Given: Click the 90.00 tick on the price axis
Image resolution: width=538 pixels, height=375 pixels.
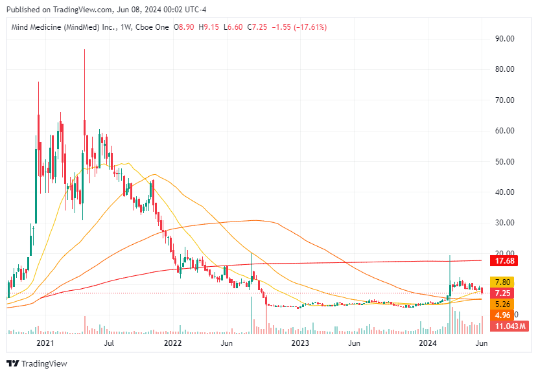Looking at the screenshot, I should (505, 38).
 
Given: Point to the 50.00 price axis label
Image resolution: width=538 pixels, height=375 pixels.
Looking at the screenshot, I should (505, 161).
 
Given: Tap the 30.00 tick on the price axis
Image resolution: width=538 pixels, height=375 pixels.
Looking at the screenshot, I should (505, 223).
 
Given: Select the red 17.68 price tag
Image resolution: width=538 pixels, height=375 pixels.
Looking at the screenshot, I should (504, 261).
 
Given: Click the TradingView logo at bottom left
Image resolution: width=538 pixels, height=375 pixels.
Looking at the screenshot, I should (37, 363).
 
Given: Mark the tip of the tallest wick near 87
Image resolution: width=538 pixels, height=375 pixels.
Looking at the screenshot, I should (84, 49).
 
